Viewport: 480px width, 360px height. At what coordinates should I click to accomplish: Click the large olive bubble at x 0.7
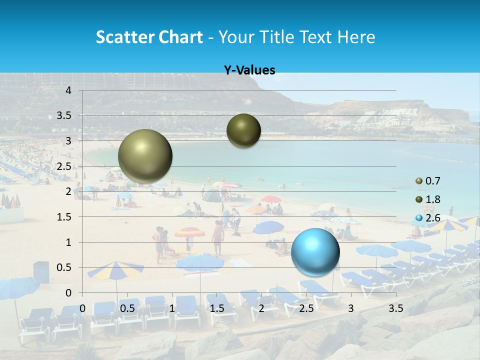[x=145, y=156]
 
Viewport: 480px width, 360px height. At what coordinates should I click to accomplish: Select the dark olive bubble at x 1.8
[x=243, y=131]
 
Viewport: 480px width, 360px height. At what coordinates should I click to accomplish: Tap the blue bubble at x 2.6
[x=315, y=252]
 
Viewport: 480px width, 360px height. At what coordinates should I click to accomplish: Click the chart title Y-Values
[x=249, y=70]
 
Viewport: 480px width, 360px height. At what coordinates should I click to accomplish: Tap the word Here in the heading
[x=356, y=37]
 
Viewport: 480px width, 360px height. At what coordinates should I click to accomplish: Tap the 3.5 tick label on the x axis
[x=396, y=308]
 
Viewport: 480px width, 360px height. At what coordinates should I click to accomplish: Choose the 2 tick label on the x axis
[x=261, y=308]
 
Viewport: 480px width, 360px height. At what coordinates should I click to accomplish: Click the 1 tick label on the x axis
[x=172, y=308]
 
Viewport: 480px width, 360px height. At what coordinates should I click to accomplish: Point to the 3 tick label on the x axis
[x=351, y=308]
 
